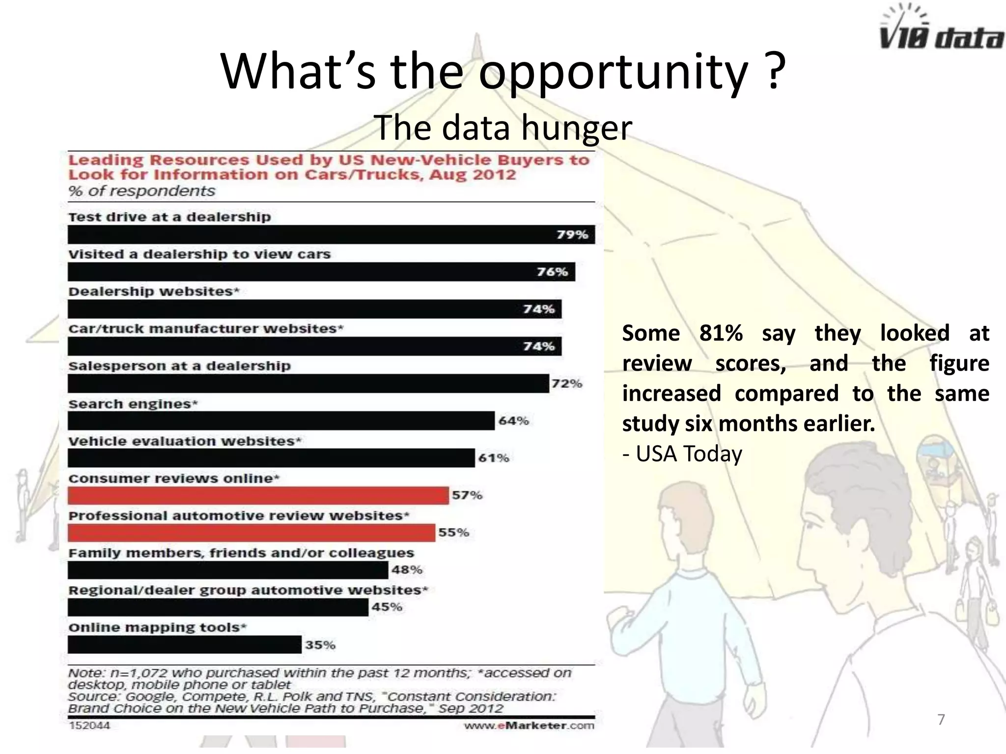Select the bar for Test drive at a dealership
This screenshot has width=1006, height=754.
tap(331, 235)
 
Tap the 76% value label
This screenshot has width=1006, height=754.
tap(552, 272)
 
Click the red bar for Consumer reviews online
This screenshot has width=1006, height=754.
tap(258, 496)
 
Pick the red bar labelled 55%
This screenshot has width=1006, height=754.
tap(251, 533)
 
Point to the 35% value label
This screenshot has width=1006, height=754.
tap(320, 645)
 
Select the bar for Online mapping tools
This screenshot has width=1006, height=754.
tap(184, 645)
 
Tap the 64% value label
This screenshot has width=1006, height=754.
tap(514, 421)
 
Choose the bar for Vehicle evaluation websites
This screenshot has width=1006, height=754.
tap(271, 458)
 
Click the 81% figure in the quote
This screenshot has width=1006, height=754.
tap(721, 333)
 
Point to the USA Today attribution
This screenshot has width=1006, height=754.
tap(683, 454)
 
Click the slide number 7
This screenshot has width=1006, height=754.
tap(941, 720)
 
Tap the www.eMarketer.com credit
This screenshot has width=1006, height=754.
tap(529, 726)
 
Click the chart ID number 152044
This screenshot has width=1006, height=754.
tap(89, 726)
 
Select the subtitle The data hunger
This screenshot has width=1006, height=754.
tap(503, 128)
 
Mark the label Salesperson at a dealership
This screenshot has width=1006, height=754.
tap(179, 366)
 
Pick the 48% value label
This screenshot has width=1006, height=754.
tap(407, 570)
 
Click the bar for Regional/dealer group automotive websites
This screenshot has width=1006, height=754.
tap(218, 608)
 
